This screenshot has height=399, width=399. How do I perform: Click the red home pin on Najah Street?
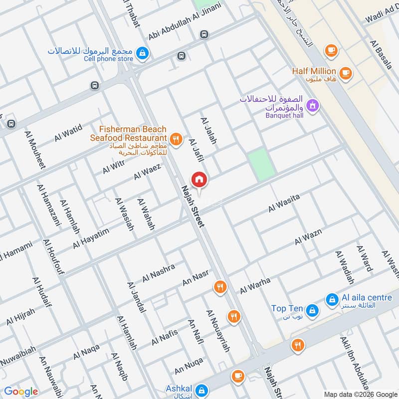click(x=199, y=180)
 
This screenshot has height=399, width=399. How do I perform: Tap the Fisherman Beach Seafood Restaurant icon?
click(x=175, y=140)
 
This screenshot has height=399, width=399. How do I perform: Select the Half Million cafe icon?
click(x=346, y=73)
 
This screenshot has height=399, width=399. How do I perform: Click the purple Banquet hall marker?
click(x=313, y=105)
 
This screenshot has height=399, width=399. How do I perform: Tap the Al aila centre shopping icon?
click(x=331, y=300)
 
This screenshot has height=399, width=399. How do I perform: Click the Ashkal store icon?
click(x=201, y=390)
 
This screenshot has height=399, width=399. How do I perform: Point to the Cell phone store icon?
click(x=143, y=52)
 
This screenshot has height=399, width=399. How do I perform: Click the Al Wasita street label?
click(x=284, y=203)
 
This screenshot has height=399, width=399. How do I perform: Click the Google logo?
click(x=21, y=392)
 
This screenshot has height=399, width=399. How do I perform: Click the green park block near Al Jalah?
click(x=261, y=164)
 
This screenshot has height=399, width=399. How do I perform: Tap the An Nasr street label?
click(x=195, y=279)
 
